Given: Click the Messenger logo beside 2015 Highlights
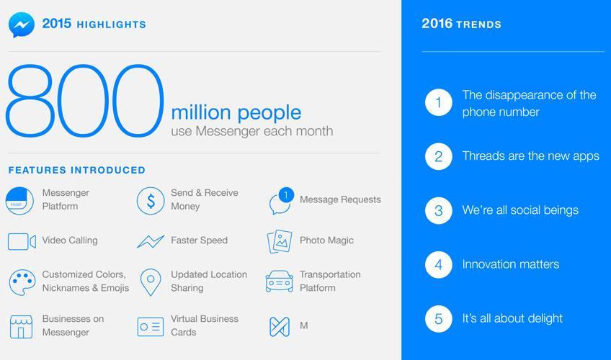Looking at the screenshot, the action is [22, 25].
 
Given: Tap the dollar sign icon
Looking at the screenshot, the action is [151, 201].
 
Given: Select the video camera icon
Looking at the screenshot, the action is [22, 242].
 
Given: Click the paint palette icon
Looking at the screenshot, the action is [22, 282].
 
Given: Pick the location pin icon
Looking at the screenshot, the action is [151, 282].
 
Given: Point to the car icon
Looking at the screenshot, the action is [280, 282].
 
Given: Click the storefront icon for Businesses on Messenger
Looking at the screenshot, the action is [22, 327].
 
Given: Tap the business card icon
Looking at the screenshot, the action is [151, 327].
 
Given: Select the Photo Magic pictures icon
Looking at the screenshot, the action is [280, 241].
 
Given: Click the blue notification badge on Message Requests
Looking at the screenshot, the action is [287, 194].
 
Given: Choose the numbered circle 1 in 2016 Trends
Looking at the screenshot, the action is [438, 102].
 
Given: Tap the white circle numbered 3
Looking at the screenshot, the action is [438, 210].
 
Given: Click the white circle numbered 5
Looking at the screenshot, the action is [438, 319].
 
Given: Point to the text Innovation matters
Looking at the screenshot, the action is [510, 264].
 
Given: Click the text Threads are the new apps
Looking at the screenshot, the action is [531, 156].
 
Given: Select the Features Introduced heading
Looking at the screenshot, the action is [77, 170].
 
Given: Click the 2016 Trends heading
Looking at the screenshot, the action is [461, 24].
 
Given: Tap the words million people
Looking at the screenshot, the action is [236, 113].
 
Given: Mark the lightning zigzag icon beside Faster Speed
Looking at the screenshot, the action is [151, 241].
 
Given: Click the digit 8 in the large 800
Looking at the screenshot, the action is [30, 101].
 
